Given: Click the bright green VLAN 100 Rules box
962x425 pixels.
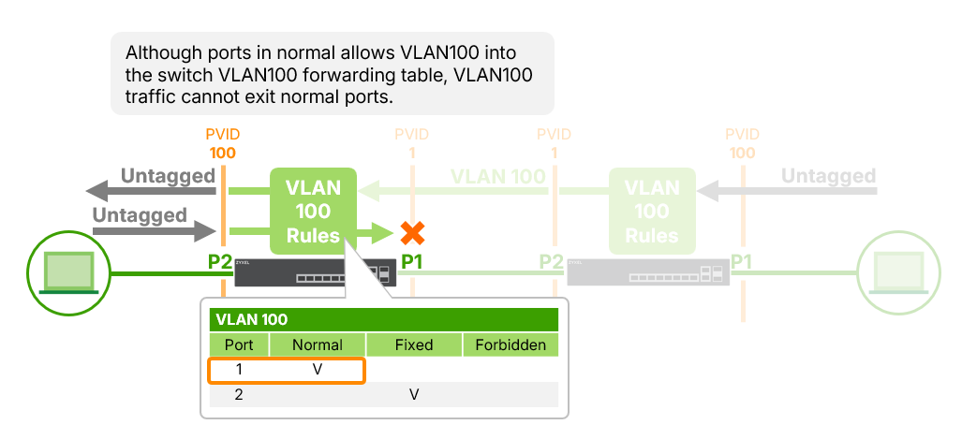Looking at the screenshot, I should pos(313,211).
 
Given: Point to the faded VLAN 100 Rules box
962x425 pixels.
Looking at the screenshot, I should pos(652,211).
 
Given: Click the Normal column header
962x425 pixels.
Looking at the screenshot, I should pos(318,344).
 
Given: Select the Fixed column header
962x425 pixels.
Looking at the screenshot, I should pos(414,344).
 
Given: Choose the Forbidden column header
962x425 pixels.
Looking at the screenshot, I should pos(511,344).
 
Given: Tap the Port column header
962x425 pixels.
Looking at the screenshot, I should pos(239,344).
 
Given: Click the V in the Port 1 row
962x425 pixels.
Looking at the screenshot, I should pos(318,370).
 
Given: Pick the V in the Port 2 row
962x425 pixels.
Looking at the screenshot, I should pos(414,395).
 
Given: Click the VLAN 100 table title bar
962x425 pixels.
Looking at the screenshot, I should pos(384,319).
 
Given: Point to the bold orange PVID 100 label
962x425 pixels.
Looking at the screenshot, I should pos(222,144).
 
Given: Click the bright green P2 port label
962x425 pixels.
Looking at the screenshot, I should pos(220,261).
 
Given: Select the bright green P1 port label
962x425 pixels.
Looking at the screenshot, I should pos(412,261).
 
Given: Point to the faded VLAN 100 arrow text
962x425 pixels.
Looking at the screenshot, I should pos(497,176).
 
